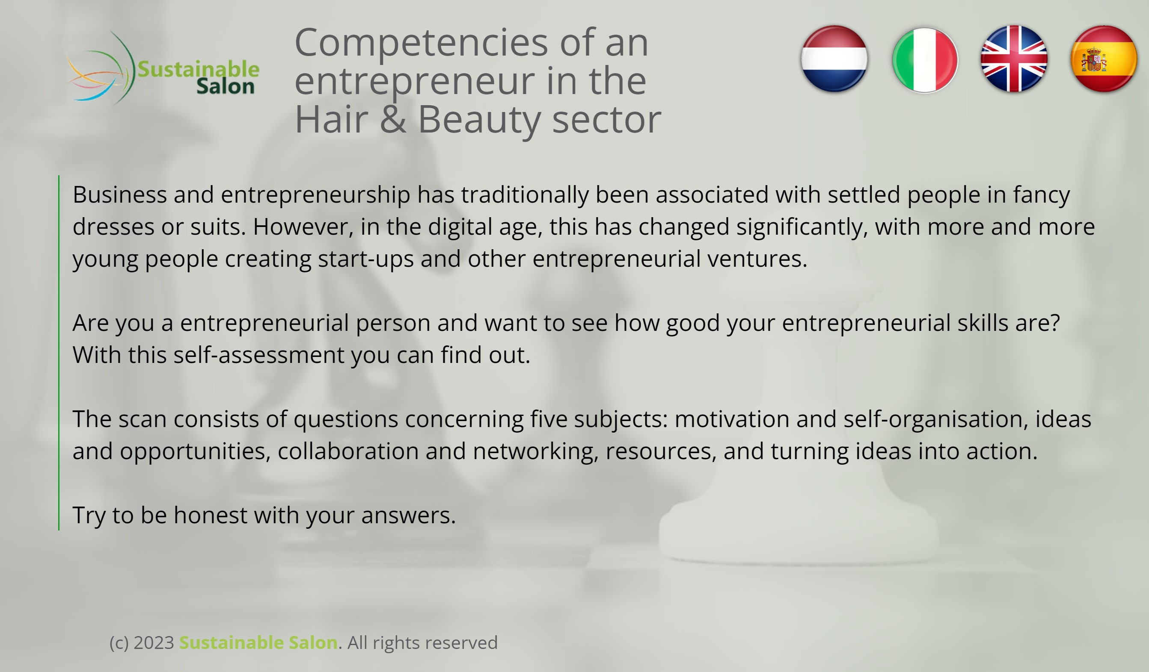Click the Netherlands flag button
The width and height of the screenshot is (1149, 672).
click(834, 59)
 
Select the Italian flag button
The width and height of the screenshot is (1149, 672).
click(925, 60)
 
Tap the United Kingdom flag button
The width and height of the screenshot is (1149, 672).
click(1014, 59)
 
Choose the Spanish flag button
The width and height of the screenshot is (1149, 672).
click(1104, 59)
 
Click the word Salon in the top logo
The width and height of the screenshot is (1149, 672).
click(225, 86)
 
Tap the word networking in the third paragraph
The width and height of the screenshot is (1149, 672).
click(536, 451)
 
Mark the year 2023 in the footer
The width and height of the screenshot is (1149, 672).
click(154, 643)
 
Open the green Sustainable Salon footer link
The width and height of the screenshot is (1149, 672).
click(258, 643)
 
